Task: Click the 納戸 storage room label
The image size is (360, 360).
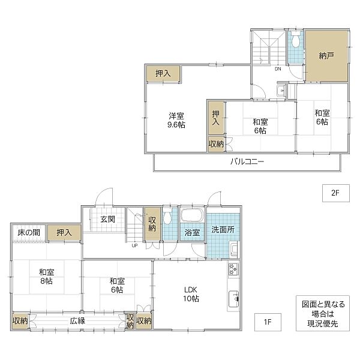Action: (x=326, y=57)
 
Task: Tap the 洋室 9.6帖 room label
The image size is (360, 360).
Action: (x=176, y=120)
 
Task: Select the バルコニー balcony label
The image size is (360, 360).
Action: (x=247, y=162)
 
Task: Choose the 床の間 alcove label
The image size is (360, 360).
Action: (x=28, y=232)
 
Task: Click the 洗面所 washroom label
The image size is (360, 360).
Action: (x=223, y=229)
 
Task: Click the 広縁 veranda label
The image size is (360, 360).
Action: (x=77, y=320)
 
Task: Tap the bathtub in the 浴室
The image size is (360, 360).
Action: (x=192, y=217)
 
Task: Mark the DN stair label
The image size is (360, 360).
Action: (x=278, y=68)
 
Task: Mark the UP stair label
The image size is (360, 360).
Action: (x=135, y=245)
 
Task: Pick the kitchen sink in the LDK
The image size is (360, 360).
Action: (x=233, y=298)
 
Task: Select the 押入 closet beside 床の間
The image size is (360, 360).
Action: (x=64, y=232)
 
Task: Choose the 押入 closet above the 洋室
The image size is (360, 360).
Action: (x=163, y=74)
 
